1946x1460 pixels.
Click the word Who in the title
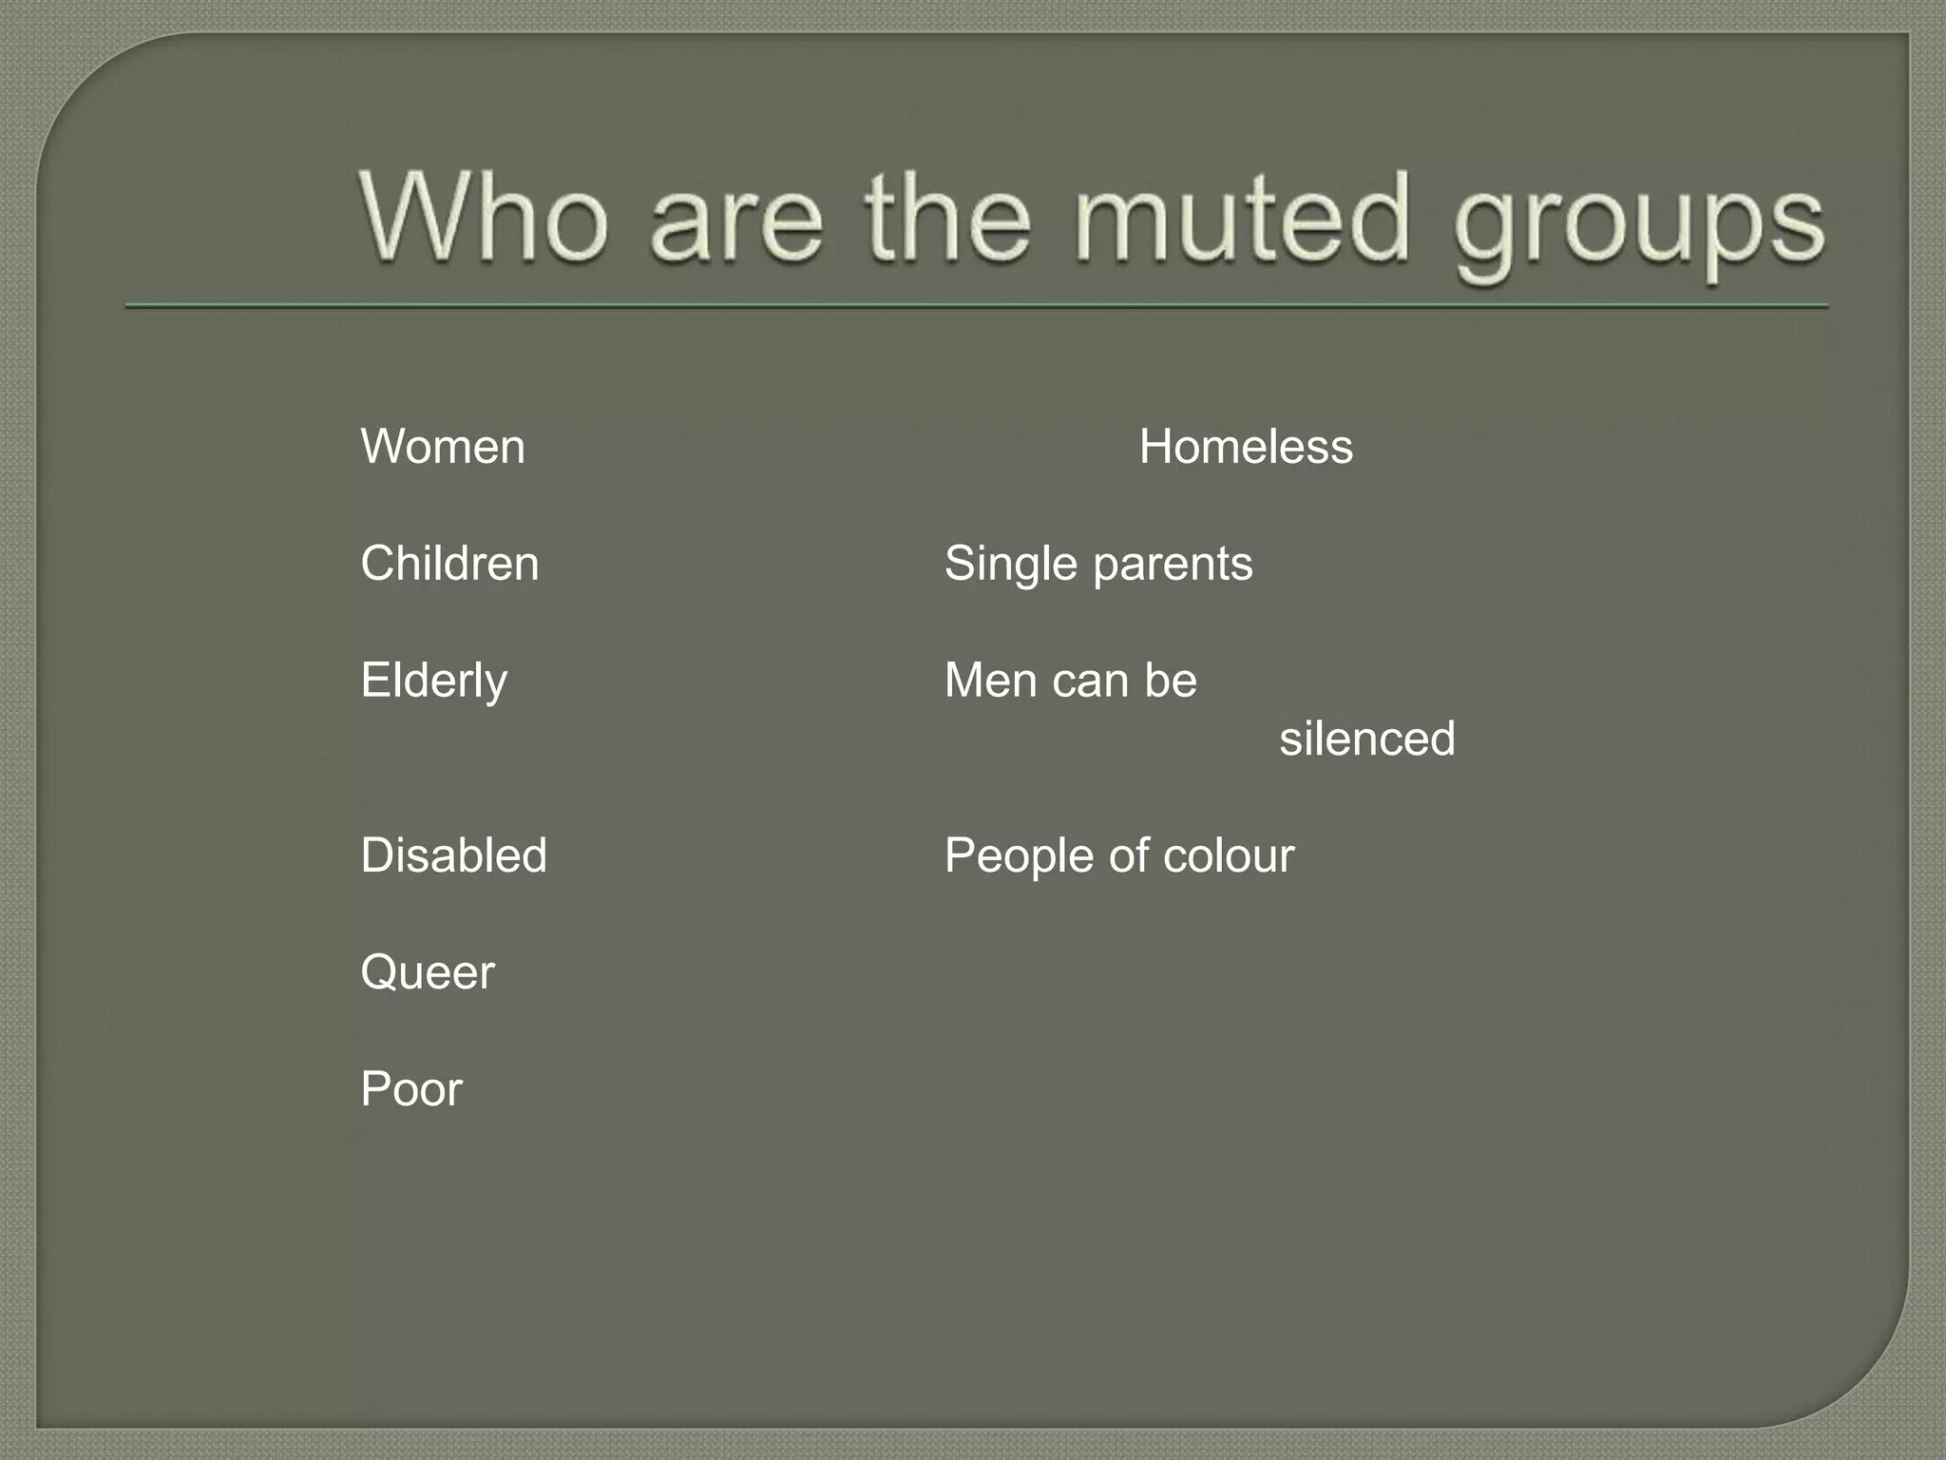483,218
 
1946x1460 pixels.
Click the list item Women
443,447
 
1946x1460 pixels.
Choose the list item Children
449,564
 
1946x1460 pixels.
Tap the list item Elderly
434,682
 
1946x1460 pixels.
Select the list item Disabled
454,855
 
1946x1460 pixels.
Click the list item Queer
428,973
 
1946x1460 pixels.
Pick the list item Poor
411,1089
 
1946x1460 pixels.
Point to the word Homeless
1246,447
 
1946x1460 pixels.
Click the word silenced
1366,739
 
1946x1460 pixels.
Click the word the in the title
947,218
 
